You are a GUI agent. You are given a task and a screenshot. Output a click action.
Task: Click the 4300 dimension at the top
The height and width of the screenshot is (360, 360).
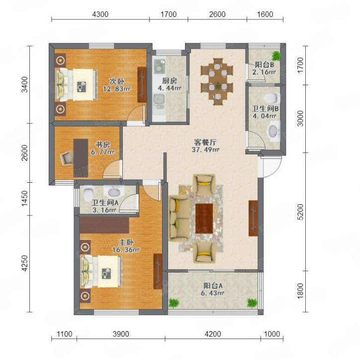[x=100, y=14]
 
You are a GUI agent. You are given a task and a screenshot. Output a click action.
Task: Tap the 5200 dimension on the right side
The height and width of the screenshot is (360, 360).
[x=300, y=212]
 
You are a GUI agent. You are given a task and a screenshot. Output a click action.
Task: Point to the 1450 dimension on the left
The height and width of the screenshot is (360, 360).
[x=24, y=198]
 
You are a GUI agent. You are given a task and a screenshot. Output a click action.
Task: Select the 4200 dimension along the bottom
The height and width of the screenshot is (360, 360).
[x=213, y=334]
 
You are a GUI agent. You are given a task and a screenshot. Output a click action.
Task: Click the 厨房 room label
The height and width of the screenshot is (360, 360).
[x=170, y=81]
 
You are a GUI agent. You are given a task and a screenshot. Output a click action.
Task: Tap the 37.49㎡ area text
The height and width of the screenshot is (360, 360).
[x=205, y=150]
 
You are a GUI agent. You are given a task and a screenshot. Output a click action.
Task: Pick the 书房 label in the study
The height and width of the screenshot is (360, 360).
[x=102, y=144]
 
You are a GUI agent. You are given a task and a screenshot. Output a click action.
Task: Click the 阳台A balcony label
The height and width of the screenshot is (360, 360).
[x=213, y=286]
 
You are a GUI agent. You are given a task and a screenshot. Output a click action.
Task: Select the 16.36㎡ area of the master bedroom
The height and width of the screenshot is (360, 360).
[x=126, y=249]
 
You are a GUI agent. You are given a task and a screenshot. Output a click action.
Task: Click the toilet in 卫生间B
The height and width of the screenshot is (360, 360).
[x=272, y=98]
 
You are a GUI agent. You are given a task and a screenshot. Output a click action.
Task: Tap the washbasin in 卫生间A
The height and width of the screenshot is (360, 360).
[x=114, y=191]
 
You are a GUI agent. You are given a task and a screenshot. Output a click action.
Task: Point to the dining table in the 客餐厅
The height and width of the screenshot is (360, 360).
[x=217, y=82]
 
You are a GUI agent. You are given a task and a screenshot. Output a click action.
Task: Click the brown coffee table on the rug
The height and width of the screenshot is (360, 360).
[x=204, y=219]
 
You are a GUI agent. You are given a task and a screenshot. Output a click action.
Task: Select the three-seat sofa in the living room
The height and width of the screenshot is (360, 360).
[x=180, y=219]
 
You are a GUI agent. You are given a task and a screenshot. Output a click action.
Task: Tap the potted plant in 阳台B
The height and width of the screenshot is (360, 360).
[x=276, y=56]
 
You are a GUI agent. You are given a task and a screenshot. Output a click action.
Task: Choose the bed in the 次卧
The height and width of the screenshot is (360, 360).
[x=77, y=85]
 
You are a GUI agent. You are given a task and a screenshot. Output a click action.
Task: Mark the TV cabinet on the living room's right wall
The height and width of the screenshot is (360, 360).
[x=253, y=218]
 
